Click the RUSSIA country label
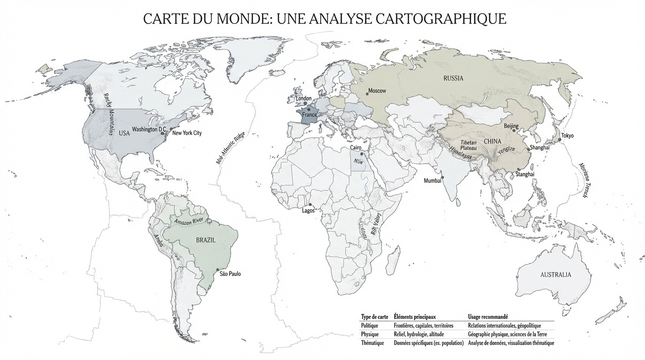point(453,78)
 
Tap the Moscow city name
point(377,90)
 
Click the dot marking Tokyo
point(559,140)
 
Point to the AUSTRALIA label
point(555,275)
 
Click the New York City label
point(187,133)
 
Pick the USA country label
point(124,134)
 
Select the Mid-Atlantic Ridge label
point(231,148)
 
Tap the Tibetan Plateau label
point(468,145)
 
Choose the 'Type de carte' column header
point(374,317)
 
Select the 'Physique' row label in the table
point(370,334)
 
